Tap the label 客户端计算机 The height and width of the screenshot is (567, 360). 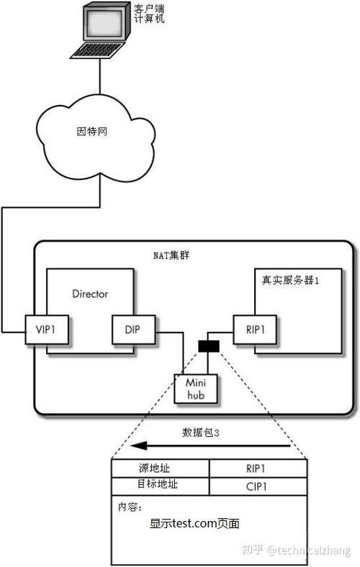(149, 13)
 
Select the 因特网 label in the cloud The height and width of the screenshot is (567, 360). (91, 132)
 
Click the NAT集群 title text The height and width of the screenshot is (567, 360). (171, 256)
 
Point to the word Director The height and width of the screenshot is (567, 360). (91, 294)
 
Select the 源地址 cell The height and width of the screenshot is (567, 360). (160, 468)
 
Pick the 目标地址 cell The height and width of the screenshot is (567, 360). (160, 485)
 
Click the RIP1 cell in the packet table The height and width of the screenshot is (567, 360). (257, 468)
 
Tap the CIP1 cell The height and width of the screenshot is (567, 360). (257, 486)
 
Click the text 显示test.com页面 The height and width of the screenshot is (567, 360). (194, 525)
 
